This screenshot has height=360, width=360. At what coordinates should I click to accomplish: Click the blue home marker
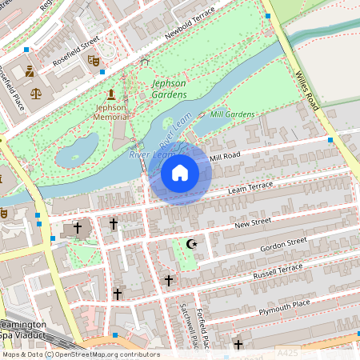tap(180, 172)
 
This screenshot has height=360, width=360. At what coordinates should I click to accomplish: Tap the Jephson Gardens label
tap(169, 89)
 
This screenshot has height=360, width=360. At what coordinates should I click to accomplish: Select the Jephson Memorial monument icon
tap(110, 94)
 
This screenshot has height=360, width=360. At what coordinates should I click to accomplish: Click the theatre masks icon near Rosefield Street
tap(93, 59)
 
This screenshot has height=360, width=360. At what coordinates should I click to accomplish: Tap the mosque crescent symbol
tap(190, 243)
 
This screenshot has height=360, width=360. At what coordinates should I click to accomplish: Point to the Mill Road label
tap(224, 155)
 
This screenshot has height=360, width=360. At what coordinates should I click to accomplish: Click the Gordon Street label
tap(283, 244)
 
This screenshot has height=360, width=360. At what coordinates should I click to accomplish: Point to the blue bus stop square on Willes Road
tap(330, 140)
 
